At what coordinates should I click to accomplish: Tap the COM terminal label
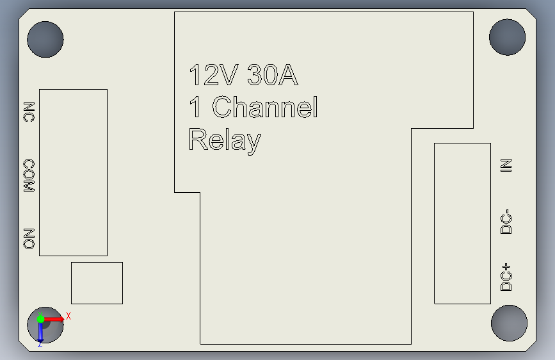[x=28, y=176]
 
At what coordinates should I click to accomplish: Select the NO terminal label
[x=28, y=238]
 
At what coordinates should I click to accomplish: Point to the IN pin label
[x=506, y=165]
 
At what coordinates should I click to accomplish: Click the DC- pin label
[x=506, y=221]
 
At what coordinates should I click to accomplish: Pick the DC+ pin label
[x=506, y=277]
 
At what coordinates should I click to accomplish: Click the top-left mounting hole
[x=45, y=39]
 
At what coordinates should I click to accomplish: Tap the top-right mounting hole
[x=507, y=37]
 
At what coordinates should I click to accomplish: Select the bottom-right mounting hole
[x=508, y=322]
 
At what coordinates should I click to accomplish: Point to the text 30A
[x=272, y=76]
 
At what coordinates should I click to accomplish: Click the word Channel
[x=264, y=107]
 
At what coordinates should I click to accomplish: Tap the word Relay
[x=225, y=140]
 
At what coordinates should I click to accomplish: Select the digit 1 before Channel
[x=195, y=107]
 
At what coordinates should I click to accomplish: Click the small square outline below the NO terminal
[x=97, y=282]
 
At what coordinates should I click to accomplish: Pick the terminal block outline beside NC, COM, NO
[x=73, y=172]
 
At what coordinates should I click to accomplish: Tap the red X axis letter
[x=68, y=316]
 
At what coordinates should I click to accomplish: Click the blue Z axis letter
[x=40, y=344]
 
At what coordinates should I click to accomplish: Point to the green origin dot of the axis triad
[x=40, y=318]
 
